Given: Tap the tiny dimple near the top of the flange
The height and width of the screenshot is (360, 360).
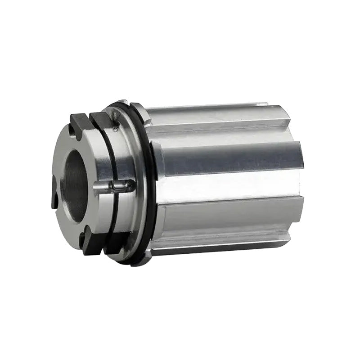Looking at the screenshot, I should [115, 130].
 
